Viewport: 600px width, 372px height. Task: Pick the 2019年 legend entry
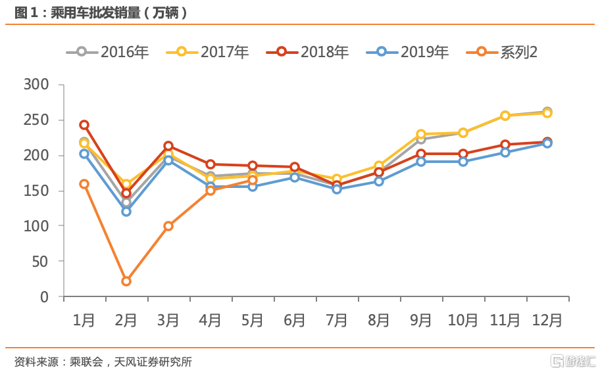pyautogui.click(x=407, y=52)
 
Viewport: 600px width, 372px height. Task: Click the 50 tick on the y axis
pyautogui.click(x=40, y=262)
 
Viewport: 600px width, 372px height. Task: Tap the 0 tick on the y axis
pyautogui.click(x=45, y=297)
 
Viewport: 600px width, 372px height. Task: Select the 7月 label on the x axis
pyautogui.click(x=336, y=321)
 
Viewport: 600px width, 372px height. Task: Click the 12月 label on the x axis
pyautogui.click(x=547, y=321)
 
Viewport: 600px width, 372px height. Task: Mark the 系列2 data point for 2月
pyautogui.click(x=126, y=281)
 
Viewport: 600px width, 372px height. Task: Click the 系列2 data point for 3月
pyautogui.click(x=168, y=226)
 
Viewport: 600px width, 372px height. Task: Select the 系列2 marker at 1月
pyautogui.click(x=84, y=184)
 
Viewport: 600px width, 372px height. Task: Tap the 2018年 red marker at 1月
pyautogui.click(x=84, y=125)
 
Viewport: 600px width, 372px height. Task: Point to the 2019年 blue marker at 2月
pyautogui.click(x=126, y=212)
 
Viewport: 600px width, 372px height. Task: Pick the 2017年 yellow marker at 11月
pyautogui.click(x=505, y=116)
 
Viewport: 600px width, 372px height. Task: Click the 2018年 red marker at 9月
pyautogui.click(x=421, y=154)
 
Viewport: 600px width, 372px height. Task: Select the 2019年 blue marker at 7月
pyautogui.click(x=337, y=189)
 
